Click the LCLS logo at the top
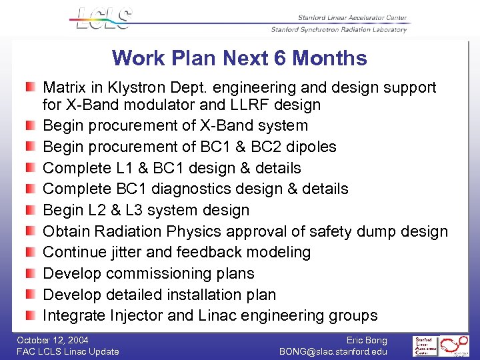pyautogui.click(x=101, y=18)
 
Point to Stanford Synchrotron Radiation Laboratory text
pyautogui.click(x=339, y=29)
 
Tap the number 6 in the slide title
pyautogui.click(x=281, y=59)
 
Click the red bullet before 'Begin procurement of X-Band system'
pyautogui.click(x=31, y=126)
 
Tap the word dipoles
pyautogui.click(x=313, y=147)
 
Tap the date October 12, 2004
pyautogui.click(x=53, y=340)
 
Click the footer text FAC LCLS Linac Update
pyautogui.click(x=67, y=351)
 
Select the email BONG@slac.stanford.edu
pyautogui.click(x=333, y=351)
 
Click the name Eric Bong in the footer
pyautogui.click(x=367, y=340)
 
